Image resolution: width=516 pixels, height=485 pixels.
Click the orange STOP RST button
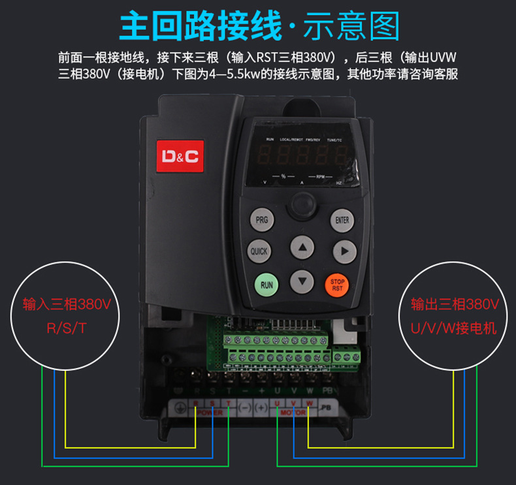point(338,284)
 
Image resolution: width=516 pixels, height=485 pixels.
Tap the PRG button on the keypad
point(261,220)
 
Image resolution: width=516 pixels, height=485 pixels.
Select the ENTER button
point(342,220)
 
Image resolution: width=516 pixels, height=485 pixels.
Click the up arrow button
point(302,248)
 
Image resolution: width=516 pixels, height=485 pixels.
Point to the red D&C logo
point(180,157)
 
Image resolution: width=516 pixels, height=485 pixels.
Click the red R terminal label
point(196,403)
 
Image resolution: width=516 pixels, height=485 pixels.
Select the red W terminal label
point(309,403)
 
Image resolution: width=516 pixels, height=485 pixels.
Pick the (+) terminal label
point(261,407)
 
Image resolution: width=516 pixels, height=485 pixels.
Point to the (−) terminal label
point(244,407)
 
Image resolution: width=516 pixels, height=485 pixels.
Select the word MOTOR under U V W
point(293,413)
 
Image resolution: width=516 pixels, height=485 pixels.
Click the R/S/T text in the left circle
point(66,328)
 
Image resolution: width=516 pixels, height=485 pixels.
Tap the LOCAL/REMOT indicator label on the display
point(292,140)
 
